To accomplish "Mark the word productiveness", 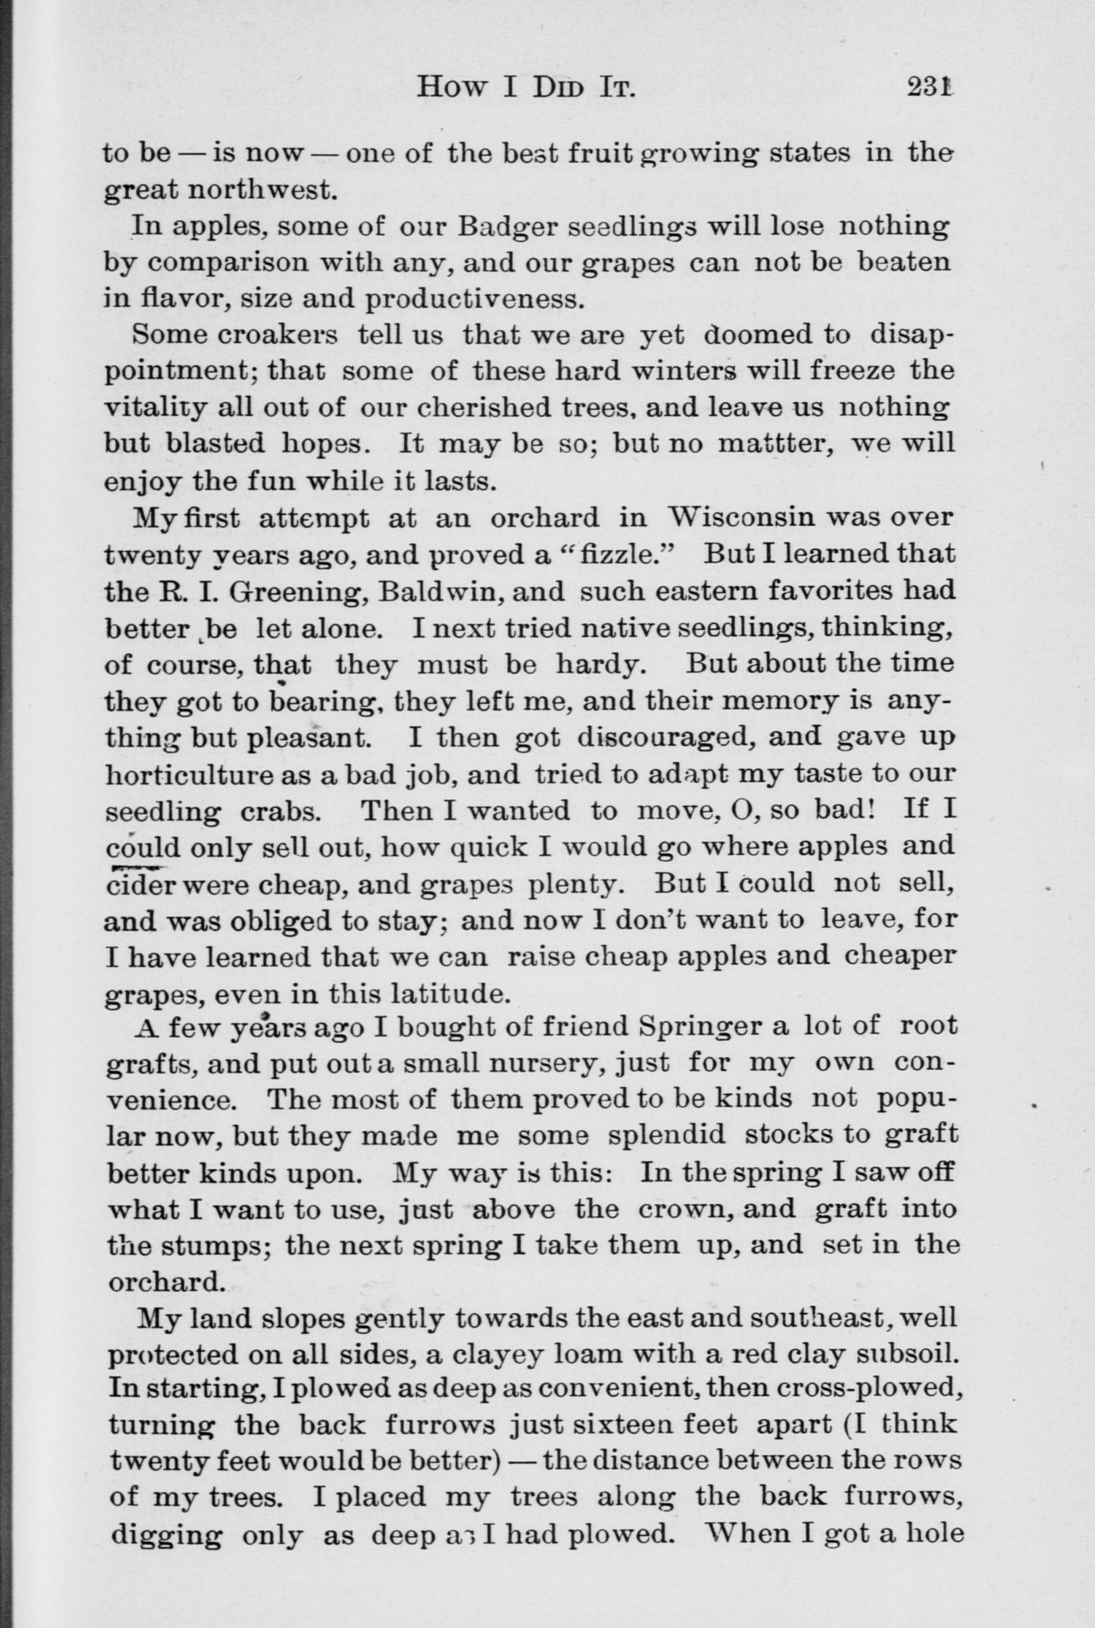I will click(473, 300).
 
